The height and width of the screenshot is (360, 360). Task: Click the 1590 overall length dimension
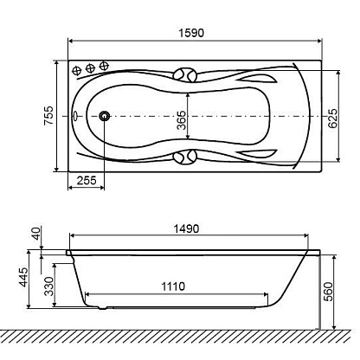191,33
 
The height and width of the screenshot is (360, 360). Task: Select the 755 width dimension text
48,116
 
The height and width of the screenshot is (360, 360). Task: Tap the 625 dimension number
332,118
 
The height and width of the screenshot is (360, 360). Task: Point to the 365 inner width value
181,120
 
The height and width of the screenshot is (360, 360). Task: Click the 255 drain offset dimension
87,181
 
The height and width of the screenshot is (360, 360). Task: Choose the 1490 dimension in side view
186,229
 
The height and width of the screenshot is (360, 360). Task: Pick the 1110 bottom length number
173,286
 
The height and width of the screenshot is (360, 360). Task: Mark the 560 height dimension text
328,292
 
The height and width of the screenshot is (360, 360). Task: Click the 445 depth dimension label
23,277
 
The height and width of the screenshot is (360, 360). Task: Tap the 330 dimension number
49,286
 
